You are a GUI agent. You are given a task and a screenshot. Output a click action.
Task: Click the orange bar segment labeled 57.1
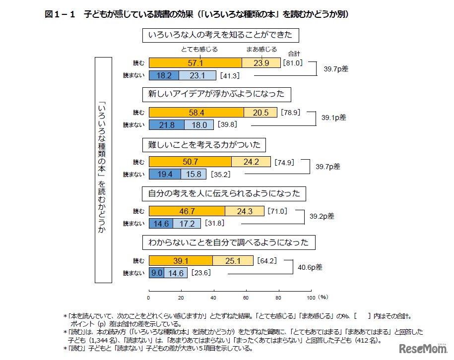click(195, 63)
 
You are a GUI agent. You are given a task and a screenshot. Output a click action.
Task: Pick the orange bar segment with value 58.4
click(196, 112)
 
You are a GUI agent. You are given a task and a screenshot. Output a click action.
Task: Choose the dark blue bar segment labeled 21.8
click(167, 125)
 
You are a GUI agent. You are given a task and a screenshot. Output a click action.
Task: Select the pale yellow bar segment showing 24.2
click(251, 162)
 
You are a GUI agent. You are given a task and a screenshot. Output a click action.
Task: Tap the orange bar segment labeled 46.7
click(187, 211)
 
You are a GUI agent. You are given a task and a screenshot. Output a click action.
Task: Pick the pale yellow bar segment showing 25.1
click(233, 260)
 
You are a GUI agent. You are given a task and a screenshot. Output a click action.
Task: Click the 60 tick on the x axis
click(246, 298)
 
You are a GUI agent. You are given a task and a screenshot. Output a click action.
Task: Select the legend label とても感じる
click(199, 50)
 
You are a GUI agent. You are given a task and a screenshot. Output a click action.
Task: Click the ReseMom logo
click(421, 348)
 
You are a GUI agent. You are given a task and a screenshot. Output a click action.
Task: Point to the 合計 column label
click(294, 54)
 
